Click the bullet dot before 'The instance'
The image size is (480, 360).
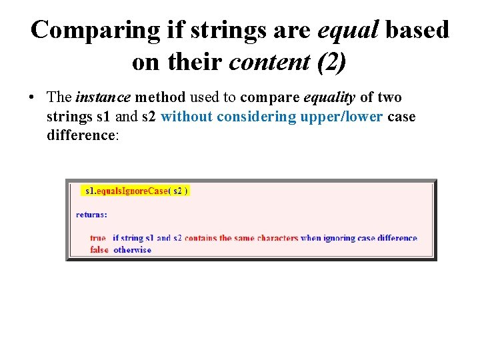tap(31, 98)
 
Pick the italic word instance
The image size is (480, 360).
tap(103, 97)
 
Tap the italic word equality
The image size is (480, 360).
tap(329, 97)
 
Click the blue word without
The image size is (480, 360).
tap(187, 117)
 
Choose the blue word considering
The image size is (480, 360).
tap(257, 117)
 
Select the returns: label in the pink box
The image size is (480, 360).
tap(91, 215)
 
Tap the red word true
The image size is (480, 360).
tap(98, 238)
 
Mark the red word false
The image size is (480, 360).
tap(99, 250)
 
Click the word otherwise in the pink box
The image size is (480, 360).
tap(133, 250)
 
